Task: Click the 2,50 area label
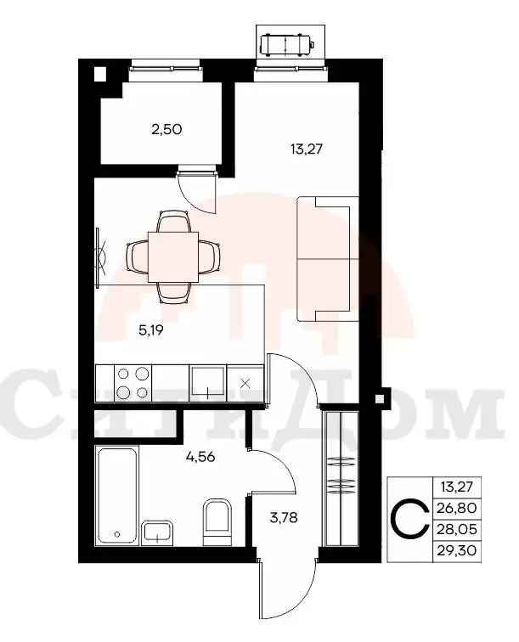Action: (166, 130)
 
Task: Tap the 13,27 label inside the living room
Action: (307, 149)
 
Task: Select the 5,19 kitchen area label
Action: (151, 330)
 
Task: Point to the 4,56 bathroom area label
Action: (200, 456)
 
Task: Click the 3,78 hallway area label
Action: (284, 517)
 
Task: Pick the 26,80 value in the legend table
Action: (457, 508)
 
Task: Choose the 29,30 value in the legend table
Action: (457, 550)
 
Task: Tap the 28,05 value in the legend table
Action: (457, 529)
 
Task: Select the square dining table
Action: (173, 256)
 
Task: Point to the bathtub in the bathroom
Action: (116, 496)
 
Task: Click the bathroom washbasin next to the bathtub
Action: (158, 532)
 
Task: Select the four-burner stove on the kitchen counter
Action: (132, 383)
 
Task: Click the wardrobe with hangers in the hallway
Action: (341, 478)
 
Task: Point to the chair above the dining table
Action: (173, 222)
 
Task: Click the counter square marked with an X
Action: (245, 383)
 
